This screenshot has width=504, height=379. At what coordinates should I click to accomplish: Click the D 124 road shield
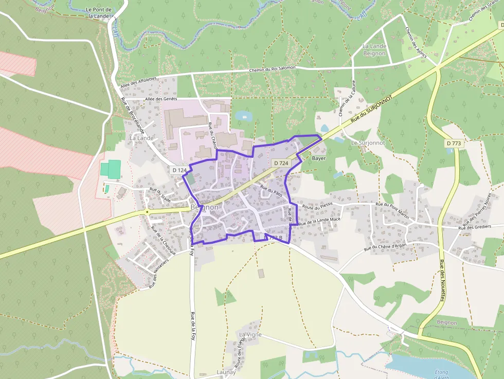click(179, 170)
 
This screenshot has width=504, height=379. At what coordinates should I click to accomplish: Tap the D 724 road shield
click(281, 163)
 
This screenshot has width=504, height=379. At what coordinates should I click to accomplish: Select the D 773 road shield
click(455, 143)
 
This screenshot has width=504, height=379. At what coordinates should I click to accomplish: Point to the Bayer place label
click(319, 158)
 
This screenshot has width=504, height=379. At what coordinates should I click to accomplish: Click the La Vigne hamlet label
click(250, 334)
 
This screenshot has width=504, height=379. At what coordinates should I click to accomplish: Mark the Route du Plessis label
click(318, 206)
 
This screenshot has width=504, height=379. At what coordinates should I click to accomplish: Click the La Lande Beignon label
click(374, 50)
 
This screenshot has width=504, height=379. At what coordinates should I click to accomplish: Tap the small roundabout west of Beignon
click(147, 211)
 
